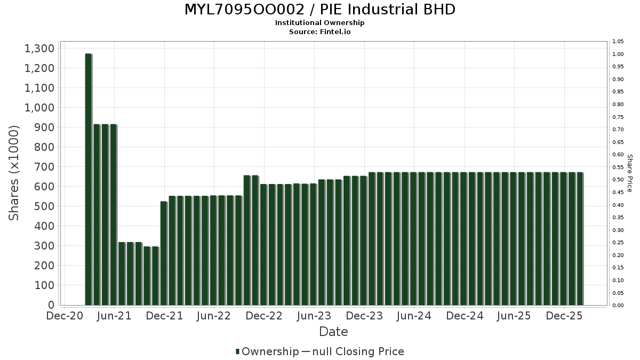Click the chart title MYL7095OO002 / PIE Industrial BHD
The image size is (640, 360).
point(320,10)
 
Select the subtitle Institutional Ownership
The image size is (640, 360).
point(320,23)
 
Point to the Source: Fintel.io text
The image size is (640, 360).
point(320,32)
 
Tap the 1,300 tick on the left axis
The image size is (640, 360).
point(39,49)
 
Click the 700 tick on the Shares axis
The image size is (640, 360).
point(44,167)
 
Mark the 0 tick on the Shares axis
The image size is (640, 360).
point(51,305)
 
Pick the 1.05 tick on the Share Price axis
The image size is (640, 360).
point(618,42)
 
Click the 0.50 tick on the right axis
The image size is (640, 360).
point(618,180)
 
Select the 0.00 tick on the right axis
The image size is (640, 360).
point(618,306)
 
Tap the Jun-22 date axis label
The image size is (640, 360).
point(214,316)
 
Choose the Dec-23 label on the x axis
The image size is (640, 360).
point(364,316)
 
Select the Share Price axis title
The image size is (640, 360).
point(630,173)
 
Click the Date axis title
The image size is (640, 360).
point(333,332)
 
